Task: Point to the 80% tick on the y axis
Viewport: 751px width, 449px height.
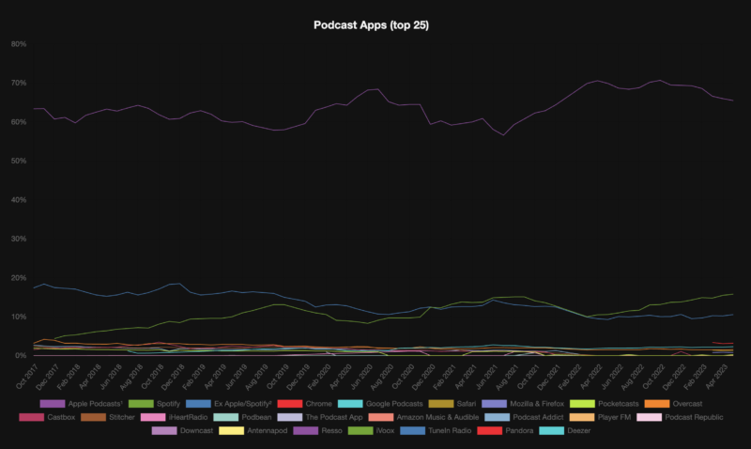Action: (19, 44)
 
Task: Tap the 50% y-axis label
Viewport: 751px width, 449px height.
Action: (19, 161)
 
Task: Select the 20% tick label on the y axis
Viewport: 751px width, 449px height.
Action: (19, 278)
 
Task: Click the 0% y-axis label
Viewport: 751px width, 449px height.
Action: (21, 356)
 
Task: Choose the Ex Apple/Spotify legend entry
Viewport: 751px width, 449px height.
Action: (247, 403)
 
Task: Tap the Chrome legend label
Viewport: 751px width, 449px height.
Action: (319, 403)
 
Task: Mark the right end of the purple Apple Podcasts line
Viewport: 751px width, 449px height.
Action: (733, 101)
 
